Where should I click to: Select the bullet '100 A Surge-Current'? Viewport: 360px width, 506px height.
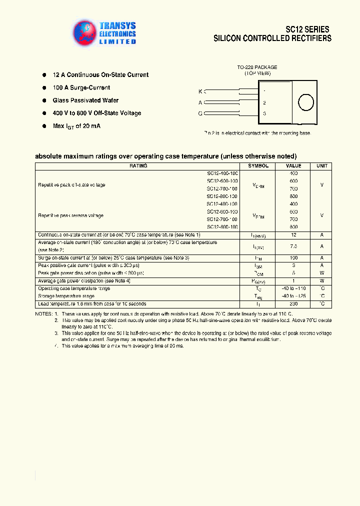81,87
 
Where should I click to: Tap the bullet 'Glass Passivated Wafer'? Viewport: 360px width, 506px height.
85,100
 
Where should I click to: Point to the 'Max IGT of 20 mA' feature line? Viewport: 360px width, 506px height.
76,126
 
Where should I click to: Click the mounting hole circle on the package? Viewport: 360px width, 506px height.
306,102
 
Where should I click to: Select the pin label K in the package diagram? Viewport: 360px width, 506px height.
200,91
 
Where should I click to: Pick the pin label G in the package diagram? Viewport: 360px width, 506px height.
200,113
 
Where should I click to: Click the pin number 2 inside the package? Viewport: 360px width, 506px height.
264,102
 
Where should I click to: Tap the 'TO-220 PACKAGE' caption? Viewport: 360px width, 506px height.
257,67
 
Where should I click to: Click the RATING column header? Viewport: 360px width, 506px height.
138,166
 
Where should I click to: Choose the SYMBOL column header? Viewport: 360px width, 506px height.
258,166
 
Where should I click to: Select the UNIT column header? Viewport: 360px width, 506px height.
322,166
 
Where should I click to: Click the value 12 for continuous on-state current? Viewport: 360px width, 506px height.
293,235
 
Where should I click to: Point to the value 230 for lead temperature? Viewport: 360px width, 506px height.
293,304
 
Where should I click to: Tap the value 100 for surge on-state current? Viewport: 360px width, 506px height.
293,257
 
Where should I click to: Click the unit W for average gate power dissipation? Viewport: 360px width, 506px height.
322,281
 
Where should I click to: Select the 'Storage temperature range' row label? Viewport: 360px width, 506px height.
66,296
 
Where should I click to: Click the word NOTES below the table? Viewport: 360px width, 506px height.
43,313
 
